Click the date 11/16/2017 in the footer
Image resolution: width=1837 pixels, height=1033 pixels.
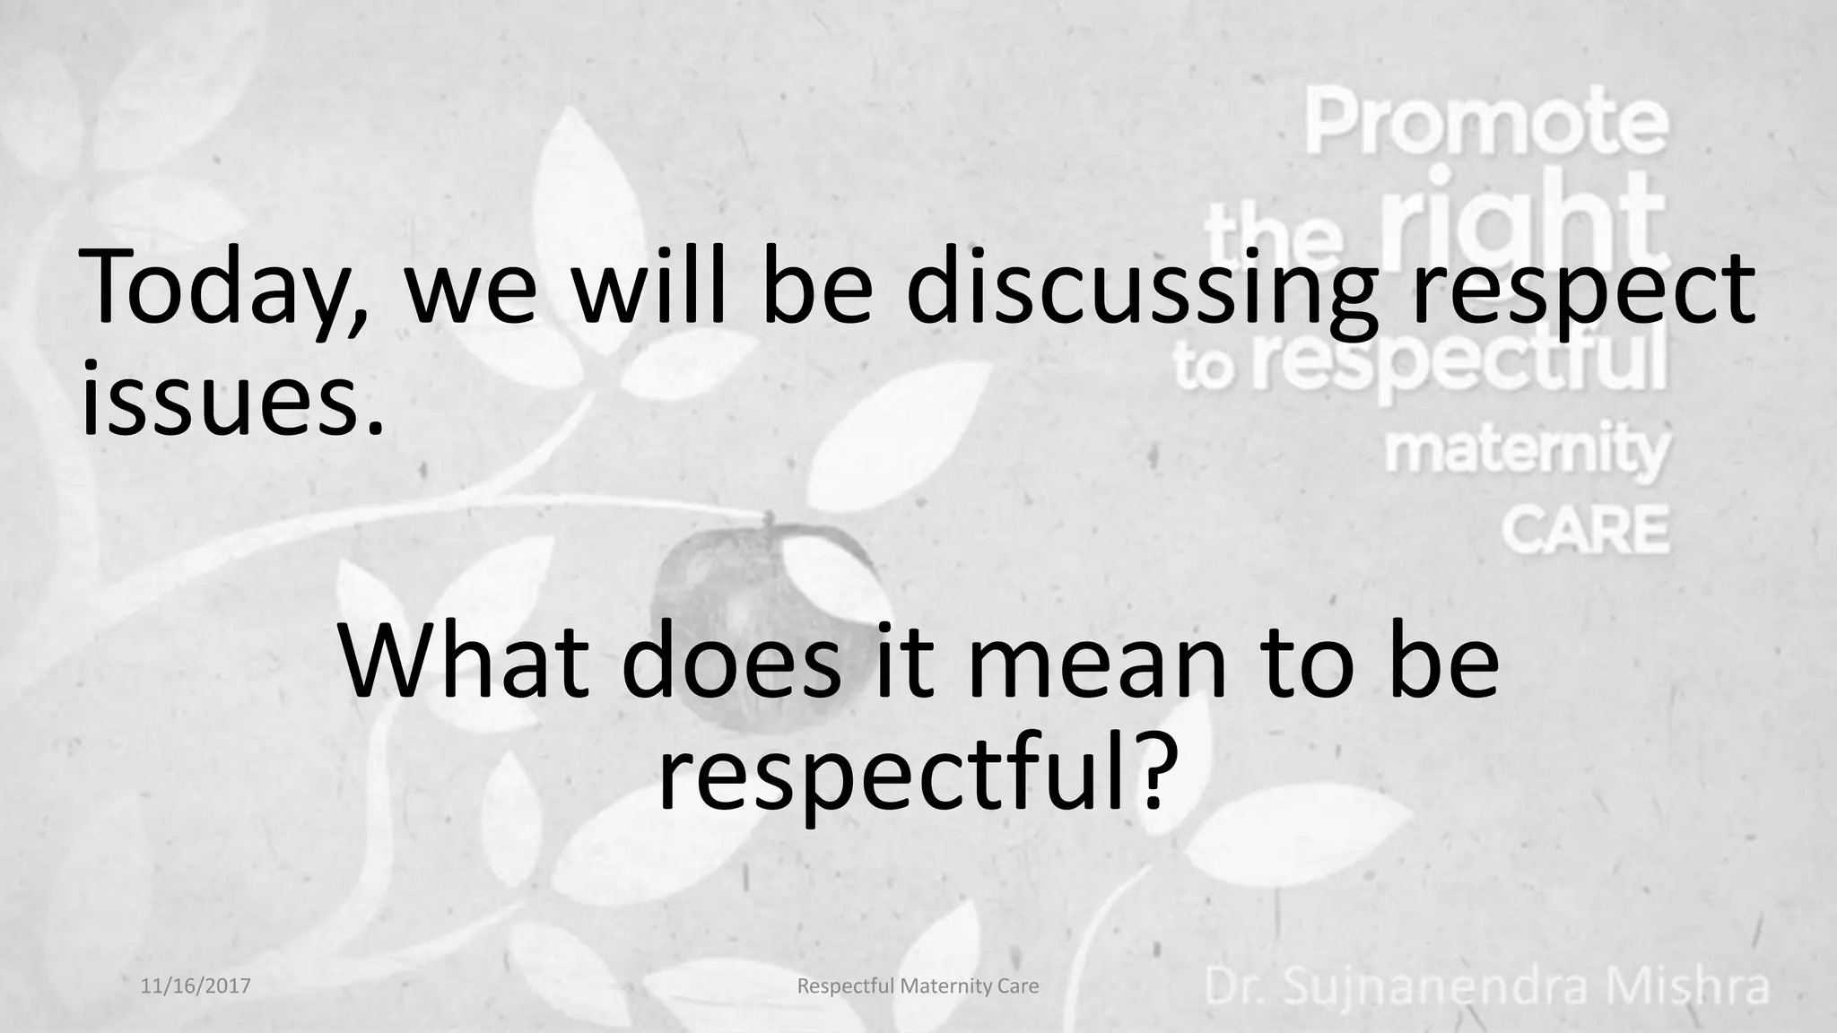coord(196,986)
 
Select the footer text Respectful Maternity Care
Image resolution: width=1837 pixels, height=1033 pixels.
coord(918,986)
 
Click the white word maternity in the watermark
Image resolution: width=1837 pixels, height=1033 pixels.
coord(1525,454)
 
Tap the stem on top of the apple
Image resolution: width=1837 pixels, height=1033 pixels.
coord(768,520)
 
